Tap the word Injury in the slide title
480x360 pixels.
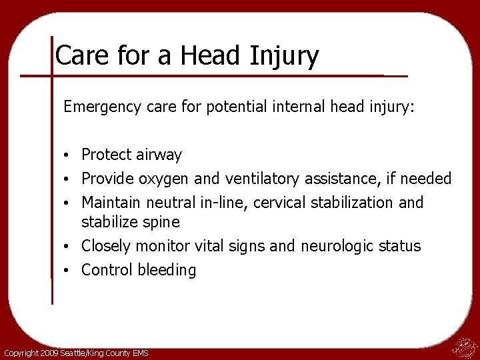(287, 57)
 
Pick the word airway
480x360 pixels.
(159, 155)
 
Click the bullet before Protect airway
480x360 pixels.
(69, 155)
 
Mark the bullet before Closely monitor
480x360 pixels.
(69, 246)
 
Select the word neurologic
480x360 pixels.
(339, 246)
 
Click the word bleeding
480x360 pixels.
(167, 270)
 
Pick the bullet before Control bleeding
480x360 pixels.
(69, 270)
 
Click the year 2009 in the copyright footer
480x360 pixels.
(49, 353)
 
